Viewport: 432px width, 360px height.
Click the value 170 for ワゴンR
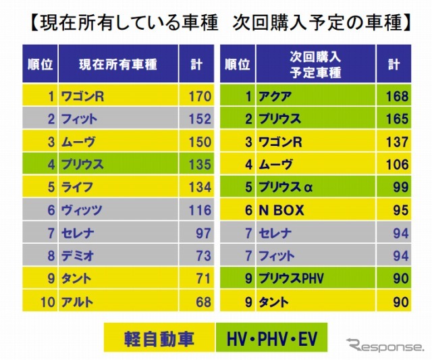(x=199, y=96)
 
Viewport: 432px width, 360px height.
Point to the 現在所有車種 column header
(x=117, y=64)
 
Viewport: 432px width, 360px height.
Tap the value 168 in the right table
(x=397, y=96)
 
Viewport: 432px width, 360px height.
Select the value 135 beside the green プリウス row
(x=199, y=165)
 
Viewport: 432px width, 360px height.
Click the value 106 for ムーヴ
(x=397, y=165)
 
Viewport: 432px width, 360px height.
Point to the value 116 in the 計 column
(x=199, y=211)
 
